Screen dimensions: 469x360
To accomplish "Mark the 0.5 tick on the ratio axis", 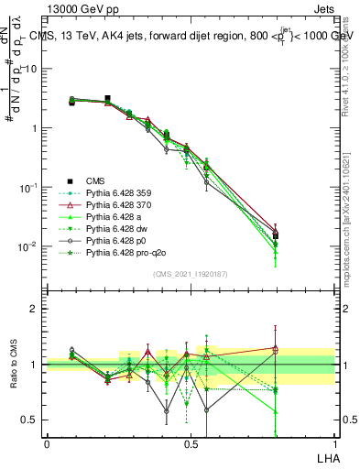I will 31,420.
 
